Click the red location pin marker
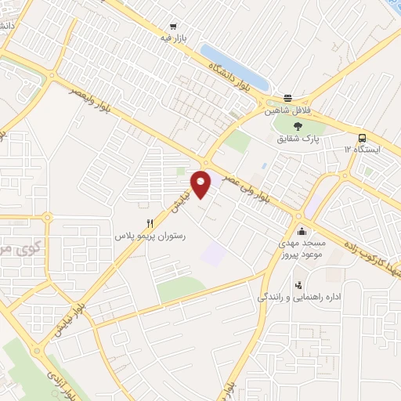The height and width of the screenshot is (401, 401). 202,182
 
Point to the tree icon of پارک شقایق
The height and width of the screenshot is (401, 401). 297,125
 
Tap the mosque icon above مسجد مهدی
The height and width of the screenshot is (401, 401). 302,231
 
